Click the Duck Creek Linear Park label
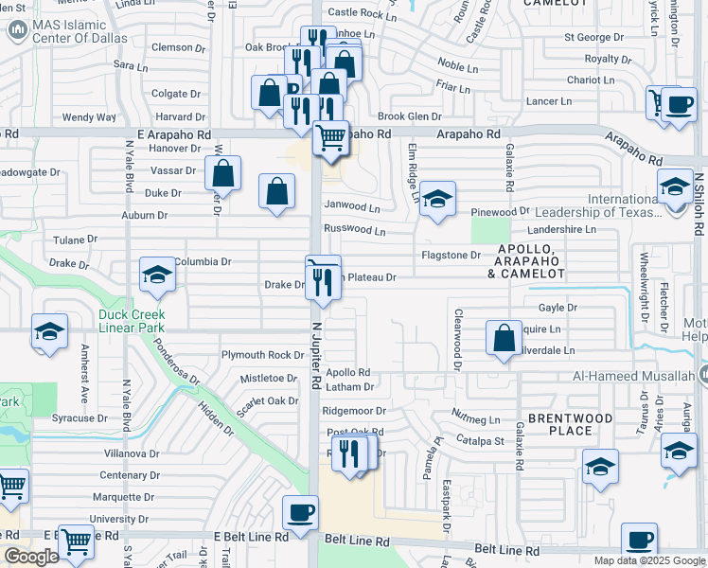(x=131, y=321)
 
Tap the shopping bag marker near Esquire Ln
(x=504, y=337)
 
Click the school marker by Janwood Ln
(x=437, y=199)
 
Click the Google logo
(x=31, y=557)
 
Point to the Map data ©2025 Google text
(x=649, y=560)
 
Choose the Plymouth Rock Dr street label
(x=262, y=355)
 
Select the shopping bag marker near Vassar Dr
(x=222, y=173)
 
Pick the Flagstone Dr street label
(x=451, y=255)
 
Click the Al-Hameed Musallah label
(x=639, y=377)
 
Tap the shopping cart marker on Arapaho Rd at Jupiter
(x=330, y=137)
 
